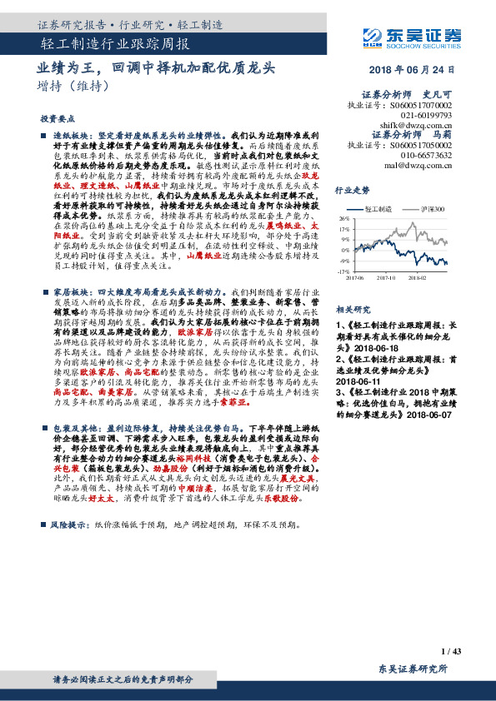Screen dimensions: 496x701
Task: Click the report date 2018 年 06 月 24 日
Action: [415, 70]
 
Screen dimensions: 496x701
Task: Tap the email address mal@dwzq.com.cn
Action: [417, 164]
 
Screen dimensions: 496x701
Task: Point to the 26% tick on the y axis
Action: [368, 218]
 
